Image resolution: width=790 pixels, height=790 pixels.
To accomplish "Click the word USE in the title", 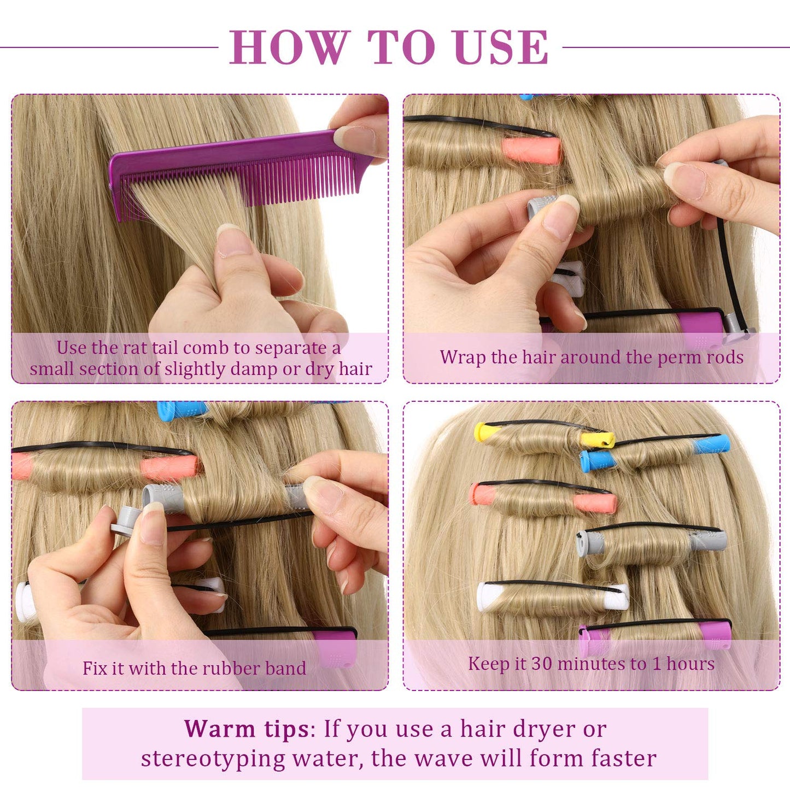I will [501, 48].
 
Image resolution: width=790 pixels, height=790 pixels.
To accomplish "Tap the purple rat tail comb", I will [235, 164].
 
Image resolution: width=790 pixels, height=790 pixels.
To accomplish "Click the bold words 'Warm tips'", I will [246, 729].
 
